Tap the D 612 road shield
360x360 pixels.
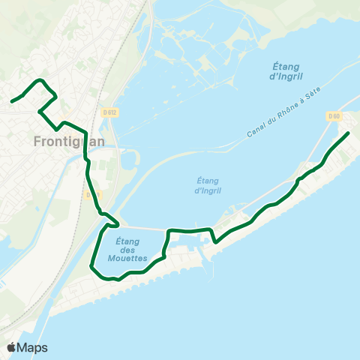(109, 112)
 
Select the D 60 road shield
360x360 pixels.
(334, 115)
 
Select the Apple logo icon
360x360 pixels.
(12, 347)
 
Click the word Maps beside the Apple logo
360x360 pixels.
(32, 347)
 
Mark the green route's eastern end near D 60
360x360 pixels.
(348, 133)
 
